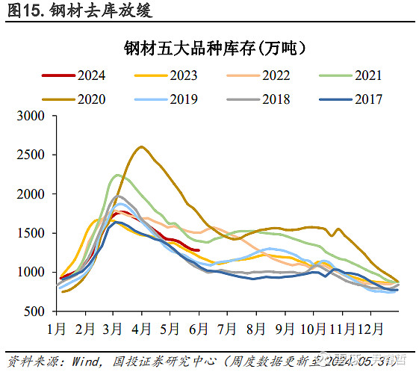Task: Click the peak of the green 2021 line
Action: coord(117,175)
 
